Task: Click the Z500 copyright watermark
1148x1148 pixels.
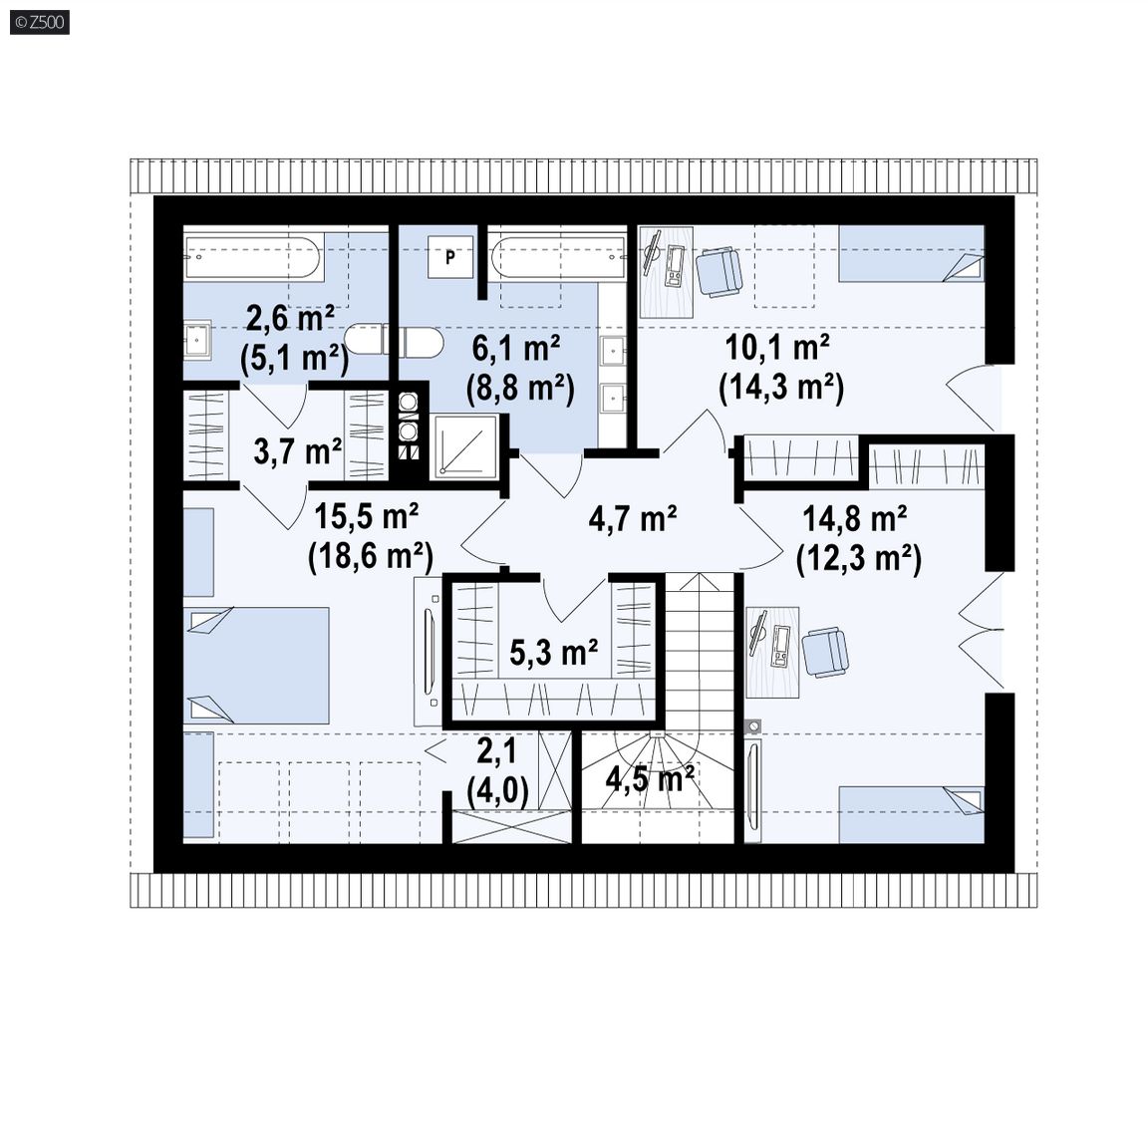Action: click(x=40, y=22)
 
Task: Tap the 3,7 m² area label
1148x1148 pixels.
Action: click(x=297, y=451)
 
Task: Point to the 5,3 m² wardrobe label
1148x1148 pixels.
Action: click(x=553, y=652)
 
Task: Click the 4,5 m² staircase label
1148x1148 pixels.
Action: click(x=650, y=779)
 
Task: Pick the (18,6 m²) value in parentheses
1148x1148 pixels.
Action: click(x=371, y=556)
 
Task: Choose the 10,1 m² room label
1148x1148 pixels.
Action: click(x=777, y=347)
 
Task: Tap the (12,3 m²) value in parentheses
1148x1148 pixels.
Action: click(x=859, y=559)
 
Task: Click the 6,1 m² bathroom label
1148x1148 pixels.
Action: click(x=516, y=348)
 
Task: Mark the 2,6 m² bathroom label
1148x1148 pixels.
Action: click(x=290, y=319)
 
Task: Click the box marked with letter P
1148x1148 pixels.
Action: click(x=450, y=257)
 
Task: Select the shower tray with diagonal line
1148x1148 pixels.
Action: click(x=465, y=446)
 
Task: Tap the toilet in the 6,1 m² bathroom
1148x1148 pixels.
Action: click(x=421, y=342)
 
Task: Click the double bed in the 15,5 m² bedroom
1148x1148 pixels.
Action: click(x=255, y=666)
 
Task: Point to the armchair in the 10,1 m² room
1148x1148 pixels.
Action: click(x=718, y=272)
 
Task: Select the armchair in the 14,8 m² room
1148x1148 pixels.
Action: click(x=826, y=651)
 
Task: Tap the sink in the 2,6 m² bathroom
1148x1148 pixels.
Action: click(x=197, y=339)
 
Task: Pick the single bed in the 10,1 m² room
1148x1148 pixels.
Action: click(x=912, y=253)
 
